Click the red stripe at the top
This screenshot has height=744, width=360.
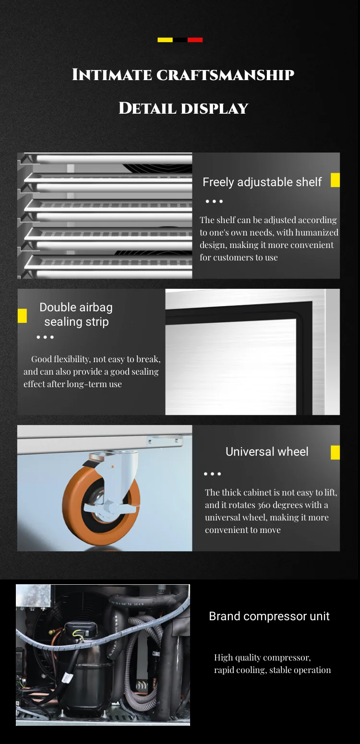click(195, 40)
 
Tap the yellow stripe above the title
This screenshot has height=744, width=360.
click(165, 40)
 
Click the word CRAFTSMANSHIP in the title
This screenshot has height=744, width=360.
click(226, 75)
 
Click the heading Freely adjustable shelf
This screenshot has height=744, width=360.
click(262, 182)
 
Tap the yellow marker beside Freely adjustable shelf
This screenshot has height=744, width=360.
click(335, 180)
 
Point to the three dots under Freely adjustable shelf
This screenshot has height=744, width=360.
click(214, 201)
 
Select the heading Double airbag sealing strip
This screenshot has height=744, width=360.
click(76, 314)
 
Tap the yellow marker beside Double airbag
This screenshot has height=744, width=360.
click(22, 316)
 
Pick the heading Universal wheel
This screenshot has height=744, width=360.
click(267, 452)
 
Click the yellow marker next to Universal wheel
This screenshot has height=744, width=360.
click(335, 452)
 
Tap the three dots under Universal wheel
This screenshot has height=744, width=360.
click(213, 473)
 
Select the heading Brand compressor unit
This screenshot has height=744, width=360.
click(269, 616)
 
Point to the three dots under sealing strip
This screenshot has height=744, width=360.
click(45, 337)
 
